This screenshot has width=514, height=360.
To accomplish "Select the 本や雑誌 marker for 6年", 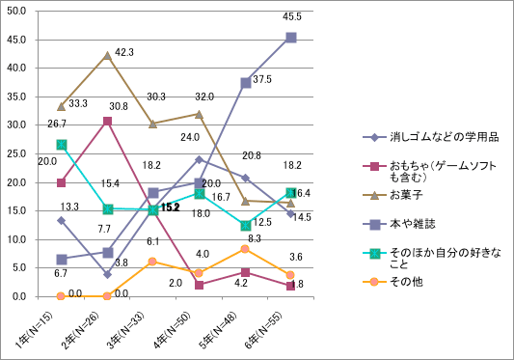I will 291,38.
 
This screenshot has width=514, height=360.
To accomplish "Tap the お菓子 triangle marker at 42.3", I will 107,55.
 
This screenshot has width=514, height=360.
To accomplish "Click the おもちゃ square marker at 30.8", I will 107,121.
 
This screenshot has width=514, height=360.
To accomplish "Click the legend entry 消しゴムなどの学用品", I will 420,136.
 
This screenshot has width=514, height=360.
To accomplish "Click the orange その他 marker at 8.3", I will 245,249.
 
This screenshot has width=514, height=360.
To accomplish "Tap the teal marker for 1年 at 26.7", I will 61,144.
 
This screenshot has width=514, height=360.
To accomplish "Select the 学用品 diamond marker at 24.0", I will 199,159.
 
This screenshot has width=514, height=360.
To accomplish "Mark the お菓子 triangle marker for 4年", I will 199,114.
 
